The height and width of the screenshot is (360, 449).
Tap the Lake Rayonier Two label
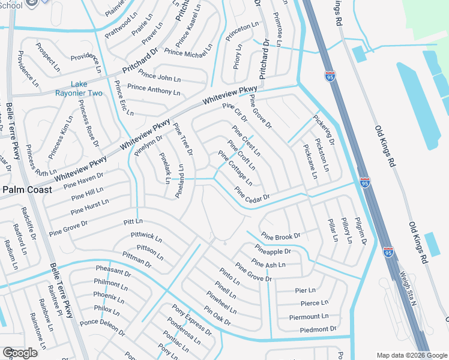87,88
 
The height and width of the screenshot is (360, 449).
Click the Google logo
19,353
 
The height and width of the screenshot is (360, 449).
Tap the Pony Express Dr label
192,320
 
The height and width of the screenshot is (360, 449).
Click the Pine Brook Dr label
280,236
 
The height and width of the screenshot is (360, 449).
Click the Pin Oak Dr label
217,316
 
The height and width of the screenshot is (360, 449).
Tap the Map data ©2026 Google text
412,355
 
